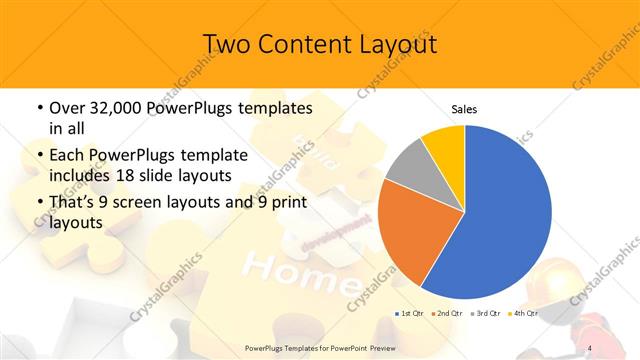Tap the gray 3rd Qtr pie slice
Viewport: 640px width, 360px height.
[x=409, y=165]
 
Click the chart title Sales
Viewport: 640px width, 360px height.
[x=464, y=109]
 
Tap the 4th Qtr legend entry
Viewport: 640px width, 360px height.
[x=524, y=314]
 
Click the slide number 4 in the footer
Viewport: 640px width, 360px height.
[x=590, y=348]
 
